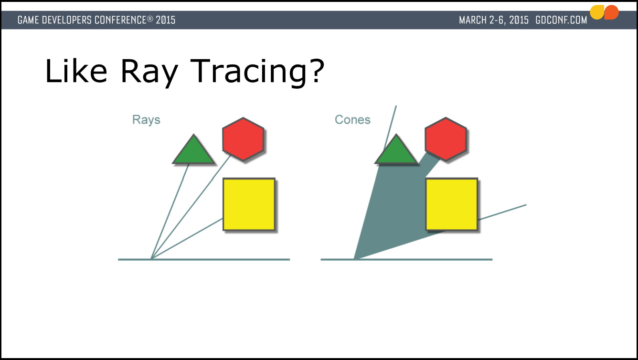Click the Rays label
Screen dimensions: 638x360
(x=146, y=120)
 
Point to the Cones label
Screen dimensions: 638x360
(x=352, y=120)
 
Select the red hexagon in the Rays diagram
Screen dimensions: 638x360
(x=243, y=139)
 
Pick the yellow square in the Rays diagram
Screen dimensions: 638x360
(x=249, y=204)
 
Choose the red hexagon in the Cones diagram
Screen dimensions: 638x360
(x=446, y=139)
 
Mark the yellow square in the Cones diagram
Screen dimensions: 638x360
(x=452, y=204)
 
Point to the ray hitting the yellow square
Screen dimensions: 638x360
(x=187, y=239)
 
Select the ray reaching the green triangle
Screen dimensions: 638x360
(x=170, y=212)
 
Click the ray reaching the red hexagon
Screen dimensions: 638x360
(x=191, y=207)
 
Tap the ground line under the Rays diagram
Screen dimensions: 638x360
(x=204, y=259)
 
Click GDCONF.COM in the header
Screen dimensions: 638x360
(x=561, y=20)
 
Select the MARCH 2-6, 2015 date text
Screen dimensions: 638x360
(x=494, y=20)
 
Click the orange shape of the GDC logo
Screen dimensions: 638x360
(x=611, y=12)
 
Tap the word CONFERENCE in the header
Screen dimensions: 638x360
(x=120, y=20)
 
